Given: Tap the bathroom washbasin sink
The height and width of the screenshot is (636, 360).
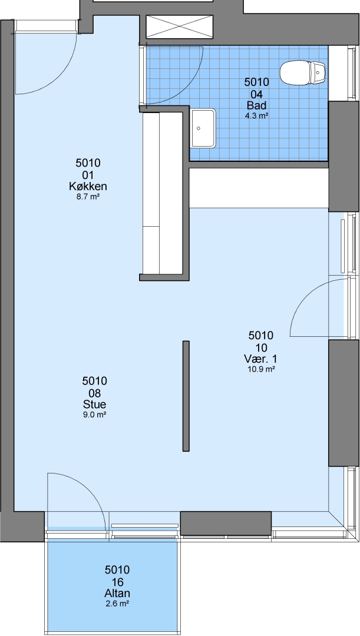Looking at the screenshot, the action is [204, 128].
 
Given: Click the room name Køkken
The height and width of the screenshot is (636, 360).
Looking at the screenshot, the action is [88, 187].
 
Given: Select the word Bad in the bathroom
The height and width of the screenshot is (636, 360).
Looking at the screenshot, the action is [256, 105].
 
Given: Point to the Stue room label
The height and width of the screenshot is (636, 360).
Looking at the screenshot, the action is [94, 405].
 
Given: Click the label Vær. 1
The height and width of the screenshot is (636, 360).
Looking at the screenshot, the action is [260, 359].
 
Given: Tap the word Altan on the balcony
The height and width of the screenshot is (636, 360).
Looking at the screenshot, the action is [117, 594].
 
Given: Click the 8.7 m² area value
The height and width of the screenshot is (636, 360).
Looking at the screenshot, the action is [88, 197].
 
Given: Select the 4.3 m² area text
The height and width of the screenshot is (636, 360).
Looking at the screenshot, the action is [256, 116].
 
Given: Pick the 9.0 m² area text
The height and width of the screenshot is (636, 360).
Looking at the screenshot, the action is [94, 415].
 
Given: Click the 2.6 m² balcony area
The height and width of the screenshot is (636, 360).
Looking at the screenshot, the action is [117, 604].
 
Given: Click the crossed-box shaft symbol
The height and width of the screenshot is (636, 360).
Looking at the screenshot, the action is [179, 26].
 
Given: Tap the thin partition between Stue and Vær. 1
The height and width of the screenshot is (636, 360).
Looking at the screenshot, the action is [186, 396].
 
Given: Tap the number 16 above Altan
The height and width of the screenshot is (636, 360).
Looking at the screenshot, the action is [117, 582].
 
